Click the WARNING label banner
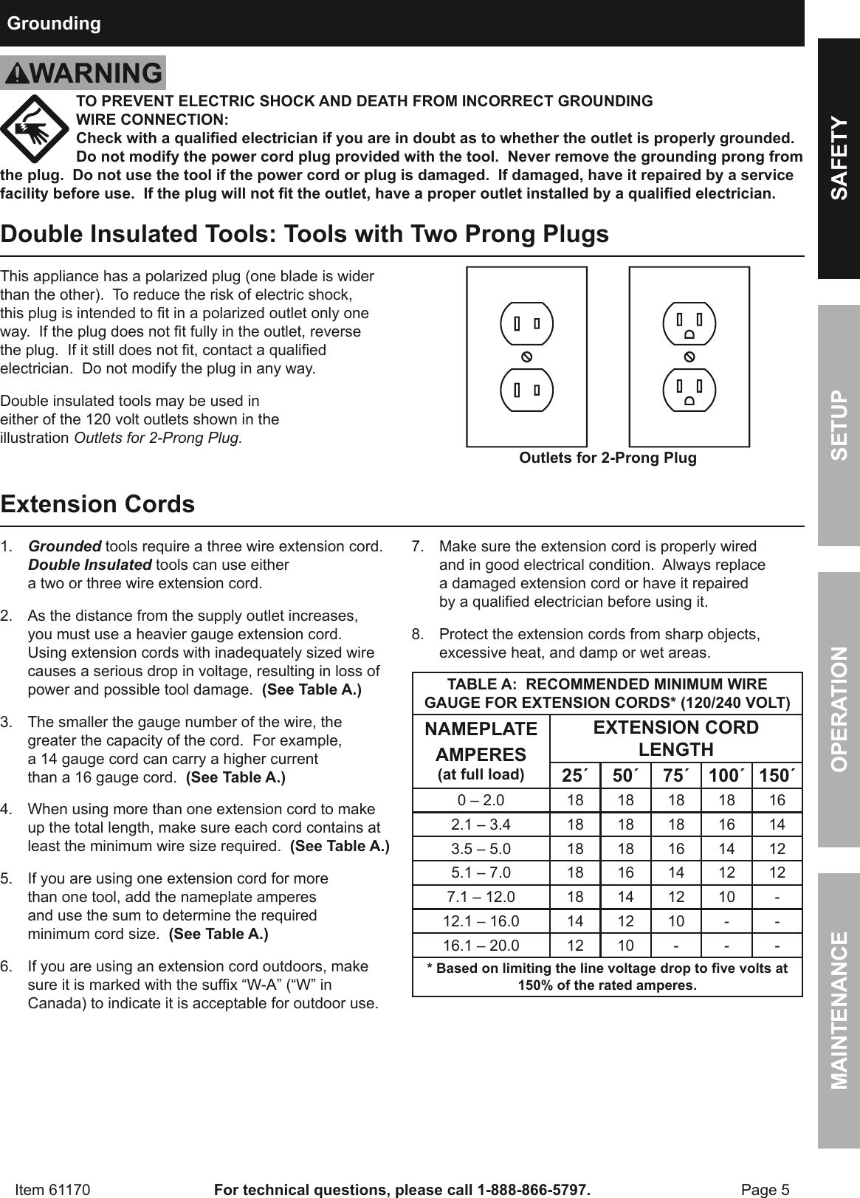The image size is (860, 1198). click(x=83, y=73)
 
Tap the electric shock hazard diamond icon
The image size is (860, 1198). click(x=35, y=129)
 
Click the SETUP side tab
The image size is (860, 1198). click(x=839, y=426)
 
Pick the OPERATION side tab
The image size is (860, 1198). click(x=839, y=709)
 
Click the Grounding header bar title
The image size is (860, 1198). click(x=54, y=24)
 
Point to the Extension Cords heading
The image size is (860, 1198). click(x=98, y=504)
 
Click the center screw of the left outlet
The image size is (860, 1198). click(x=527, y=357)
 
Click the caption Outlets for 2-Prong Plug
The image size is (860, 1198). click(x=608, y=458)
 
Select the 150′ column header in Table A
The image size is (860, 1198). click(x=777, y=776)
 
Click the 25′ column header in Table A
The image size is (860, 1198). click(x=575, y=776)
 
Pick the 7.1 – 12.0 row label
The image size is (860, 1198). click(x=481, y=897)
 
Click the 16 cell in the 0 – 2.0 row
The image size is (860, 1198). click(x=777, y=800)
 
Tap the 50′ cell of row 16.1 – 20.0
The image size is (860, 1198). click(x=625, y=946)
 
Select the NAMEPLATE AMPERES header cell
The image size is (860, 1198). click(x=481, y=750)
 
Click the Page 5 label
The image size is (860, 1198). click(x=765, y=1190)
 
